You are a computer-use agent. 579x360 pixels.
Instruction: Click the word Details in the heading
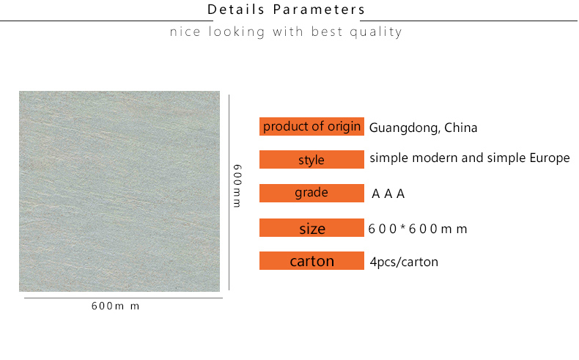click(x=236, y=10)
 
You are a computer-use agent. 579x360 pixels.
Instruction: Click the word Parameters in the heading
click(x=319, y=10)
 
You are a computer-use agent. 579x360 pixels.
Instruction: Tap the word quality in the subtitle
click(x=376, y=32)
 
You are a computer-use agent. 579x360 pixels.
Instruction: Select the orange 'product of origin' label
click(x=311, y=126)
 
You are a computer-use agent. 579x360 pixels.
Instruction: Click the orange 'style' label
click(x=311, y=160)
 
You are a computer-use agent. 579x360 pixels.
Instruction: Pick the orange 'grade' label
click(x=311, y=193)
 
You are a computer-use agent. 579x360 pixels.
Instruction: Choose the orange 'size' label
click(x=311, y=227)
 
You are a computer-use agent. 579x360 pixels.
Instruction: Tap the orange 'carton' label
click(x=311, y=261)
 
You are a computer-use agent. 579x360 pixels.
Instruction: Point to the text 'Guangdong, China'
click(x=423, y=128)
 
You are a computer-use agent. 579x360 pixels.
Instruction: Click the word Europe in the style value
click(x=550, y=158)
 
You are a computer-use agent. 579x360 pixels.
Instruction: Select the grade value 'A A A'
click(x=388, y=194)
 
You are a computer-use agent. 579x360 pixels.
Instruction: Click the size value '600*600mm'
click(x=418, y=229)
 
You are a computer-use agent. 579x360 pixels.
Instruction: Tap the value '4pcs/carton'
click(x=404, y=262)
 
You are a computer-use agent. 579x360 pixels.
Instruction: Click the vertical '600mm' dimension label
click(x=237, y=185)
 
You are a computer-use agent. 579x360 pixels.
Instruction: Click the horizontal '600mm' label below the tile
click(x=115, y=306)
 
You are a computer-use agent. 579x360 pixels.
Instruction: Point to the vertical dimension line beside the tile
click(x=229, y=192)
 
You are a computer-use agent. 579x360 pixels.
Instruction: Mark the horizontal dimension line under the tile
click(x=123, y=298)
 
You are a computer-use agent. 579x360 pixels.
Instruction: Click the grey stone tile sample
click(x=119, y=191)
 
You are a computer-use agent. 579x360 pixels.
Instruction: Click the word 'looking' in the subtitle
click(x=237, y=32)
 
